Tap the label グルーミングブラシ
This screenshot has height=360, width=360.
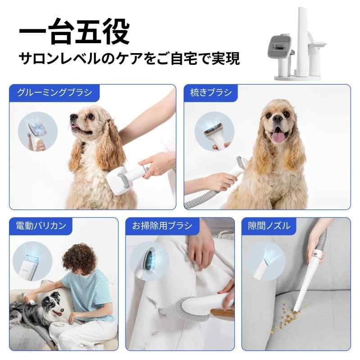(x=54, y=93)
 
